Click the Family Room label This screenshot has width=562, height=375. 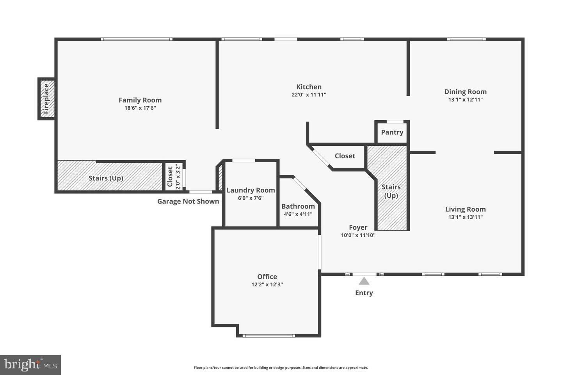click(140, 100)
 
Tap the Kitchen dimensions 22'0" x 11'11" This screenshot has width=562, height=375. click(309, 95)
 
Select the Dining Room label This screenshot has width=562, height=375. click(465, 92)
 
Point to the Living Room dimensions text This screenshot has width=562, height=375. click(465, 217)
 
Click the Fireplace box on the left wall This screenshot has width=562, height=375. click(46, 99)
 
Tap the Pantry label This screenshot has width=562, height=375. click(392, 132)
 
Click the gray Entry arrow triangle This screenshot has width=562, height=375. click(364, 281)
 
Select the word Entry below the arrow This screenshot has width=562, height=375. click(364, 293)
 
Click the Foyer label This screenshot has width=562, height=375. click(358, 227)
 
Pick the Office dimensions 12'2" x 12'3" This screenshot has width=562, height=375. click(267, 285)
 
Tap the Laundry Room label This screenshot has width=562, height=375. click(251, 190)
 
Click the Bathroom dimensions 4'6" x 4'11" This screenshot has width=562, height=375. click(298, 214)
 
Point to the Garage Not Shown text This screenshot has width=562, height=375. click(188, 201)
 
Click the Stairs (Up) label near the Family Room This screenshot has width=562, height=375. click(106, 178)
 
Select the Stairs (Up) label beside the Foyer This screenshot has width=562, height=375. click(391, 191)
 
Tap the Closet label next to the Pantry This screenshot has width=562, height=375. click(345, 156)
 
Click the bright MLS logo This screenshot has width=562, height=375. click(30, 365)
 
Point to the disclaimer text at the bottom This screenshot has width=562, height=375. click(281, 368)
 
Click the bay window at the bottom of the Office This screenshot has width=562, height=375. click(269, 336)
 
